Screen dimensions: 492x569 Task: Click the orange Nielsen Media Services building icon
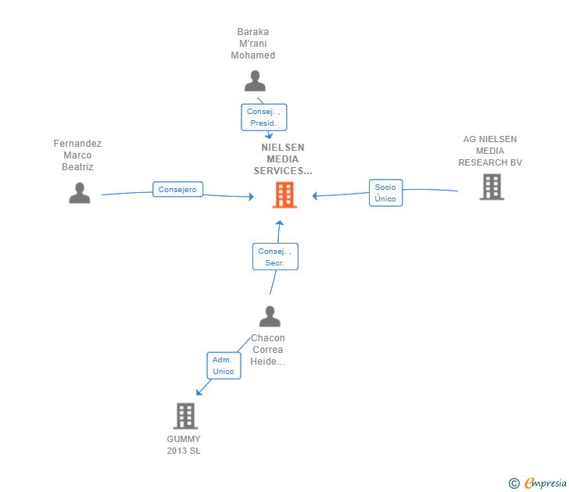[x=284, y=194]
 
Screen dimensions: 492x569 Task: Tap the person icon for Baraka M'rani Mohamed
[x=255, y=81]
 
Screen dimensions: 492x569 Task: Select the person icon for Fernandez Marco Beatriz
[x=79, y=193]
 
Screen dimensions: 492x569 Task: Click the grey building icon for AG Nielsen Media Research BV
[x=492, y=187]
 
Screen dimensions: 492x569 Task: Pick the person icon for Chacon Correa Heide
[x=270, y=316]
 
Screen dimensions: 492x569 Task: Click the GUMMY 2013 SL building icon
[x=184, y=416]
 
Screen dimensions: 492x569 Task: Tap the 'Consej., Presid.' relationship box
[x=263, y=117]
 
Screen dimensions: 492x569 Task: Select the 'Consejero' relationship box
[x=177, y=189]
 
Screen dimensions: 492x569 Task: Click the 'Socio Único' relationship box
[x=385, y=193]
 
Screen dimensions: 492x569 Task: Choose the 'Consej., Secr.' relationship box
[x=274, y=257]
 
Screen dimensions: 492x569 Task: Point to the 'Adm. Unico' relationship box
[x=224, y=365]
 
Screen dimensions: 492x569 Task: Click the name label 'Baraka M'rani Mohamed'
[x=253, y=44]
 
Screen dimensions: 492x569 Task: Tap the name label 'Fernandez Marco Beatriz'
[x=77, y=155]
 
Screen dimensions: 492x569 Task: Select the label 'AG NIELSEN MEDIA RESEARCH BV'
[x=490, y=151]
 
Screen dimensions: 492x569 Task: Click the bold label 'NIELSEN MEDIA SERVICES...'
[x=283, y=159]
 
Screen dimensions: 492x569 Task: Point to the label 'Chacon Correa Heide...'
[x=267, y=350]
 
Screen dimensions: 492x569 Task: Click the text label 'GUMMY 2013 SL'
[x=184, y=444]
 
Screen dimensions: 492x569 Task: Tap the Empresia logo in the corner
[x=545, y=483]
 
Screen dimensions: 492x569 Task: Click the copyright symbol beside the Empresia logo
[x=514, y=483]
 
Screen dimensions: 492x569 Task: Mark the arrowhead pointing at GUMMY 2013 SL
[x=199, y=391]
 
